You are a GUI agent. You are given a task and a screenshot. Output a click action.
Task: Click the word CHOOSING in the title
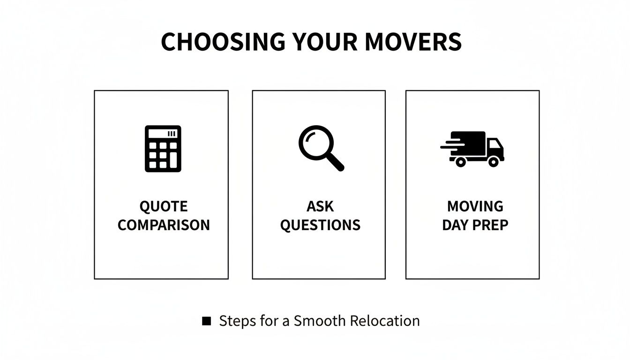click(222, 42)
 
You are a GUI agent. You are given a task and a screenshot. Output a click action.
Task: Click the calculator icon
click(163, 149)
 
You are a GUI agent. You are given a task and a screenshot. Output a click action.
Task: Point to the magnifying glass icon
click(321, 148)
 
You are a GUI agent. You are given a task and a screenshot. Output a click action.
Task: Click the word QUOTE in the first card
click(163, 206)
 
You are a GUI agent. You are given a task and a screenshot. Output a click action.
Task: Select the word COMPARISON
click(164, 225)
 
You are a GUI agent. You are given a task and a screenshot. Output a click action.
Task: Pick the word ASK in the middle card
click(320, 206)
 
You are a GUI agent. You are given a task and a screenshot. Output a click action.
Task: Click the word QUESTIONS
click(320, 225)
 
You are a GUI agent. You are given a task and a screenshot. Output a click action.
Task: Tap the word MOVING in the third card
click(475, 206)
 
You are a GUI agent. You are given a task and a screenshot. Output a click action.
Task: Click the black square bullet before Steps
click(206, 321)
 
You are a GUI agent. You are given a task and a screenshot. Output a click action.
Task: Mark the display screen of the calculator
click(163, 134)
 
